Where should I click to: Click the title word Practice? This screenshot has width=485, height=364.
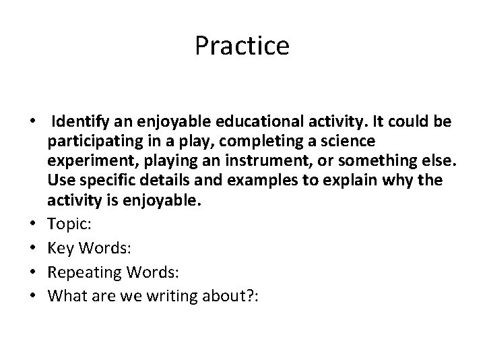[x=242, y=47]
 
